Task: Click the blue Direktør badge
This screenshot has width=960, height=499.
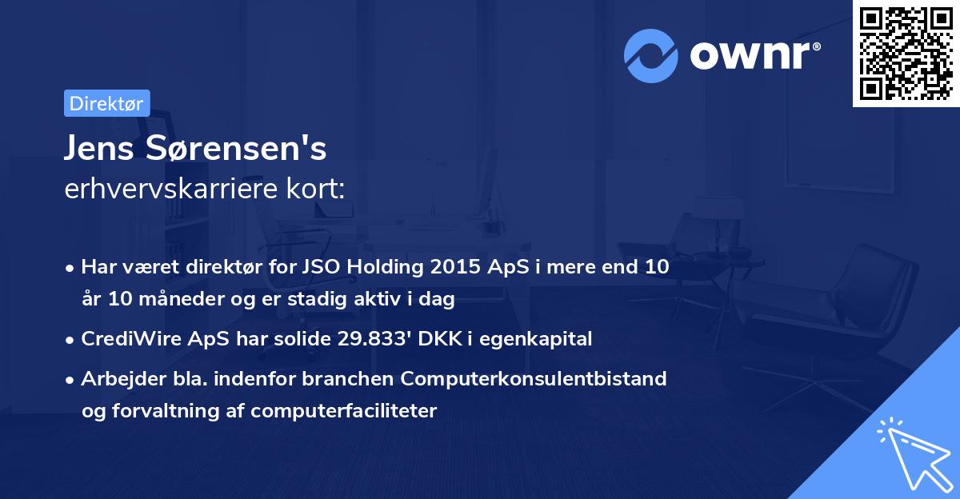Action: click(107, 103)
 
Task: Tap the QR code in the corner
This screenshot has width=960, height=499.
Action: click(906, 54)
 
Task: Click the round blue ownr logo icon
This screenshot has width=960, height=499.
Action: click(650, 56)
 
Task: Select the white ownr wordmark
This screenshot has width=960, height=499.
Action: click(750, 56)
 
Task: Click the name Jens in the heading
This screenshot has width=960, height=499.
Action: click(99, 148)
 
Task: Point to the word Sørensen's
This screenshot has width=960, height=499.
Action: click(236, 148)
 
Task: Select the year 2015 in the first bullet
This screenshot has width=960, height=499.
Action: click(455, 267)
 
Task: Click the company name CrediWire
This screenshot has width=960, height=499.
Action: click(131, 339)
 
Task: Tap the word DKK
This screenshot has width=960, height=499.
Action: click(440, 339)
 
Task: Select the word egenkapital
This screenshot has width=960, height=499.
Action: click(536, 340)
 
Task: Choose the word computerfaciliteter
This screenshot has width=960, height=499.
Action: click(344, 411)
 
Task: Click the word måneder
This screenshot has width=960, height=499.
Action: click(182, 298)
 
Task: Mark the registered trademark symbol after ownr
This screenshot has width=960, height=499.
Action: click(816, 46)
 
